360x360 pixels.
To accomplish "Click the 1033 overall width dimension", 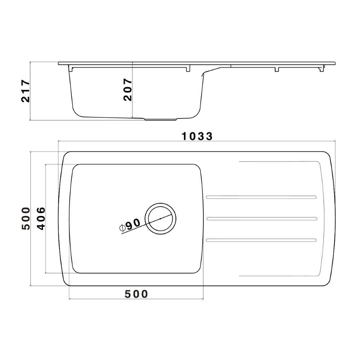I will (x=197, y=136).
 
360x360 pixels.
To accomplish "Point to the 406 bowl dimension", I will (x=41, y=218).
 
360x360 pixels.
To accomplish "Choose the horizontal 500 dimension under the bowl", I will (x=136, y=294).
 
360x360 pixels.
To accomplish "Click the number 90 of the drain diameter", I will (x=133, y=224).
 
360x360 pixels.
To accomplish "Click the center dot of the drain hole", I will (x=161, y=218).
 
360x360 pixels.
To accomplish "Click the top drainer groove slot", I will (x=261, y=197).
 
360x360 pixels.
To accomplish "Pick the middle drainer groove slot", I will (x=261, y=218).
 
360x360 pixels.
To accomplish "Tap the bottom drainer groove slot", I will (x=261, y=240).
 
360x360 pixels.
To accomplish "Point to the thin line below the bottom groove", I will (x=277, y=276).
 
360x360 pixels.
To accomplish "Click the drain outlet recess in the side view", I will (x=161, y=119).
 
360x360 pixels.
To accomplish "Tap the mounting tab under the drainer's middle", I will (x=277, y=69).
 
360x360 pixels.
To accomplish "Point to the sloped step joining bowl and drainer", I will (x=212, y=70).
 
